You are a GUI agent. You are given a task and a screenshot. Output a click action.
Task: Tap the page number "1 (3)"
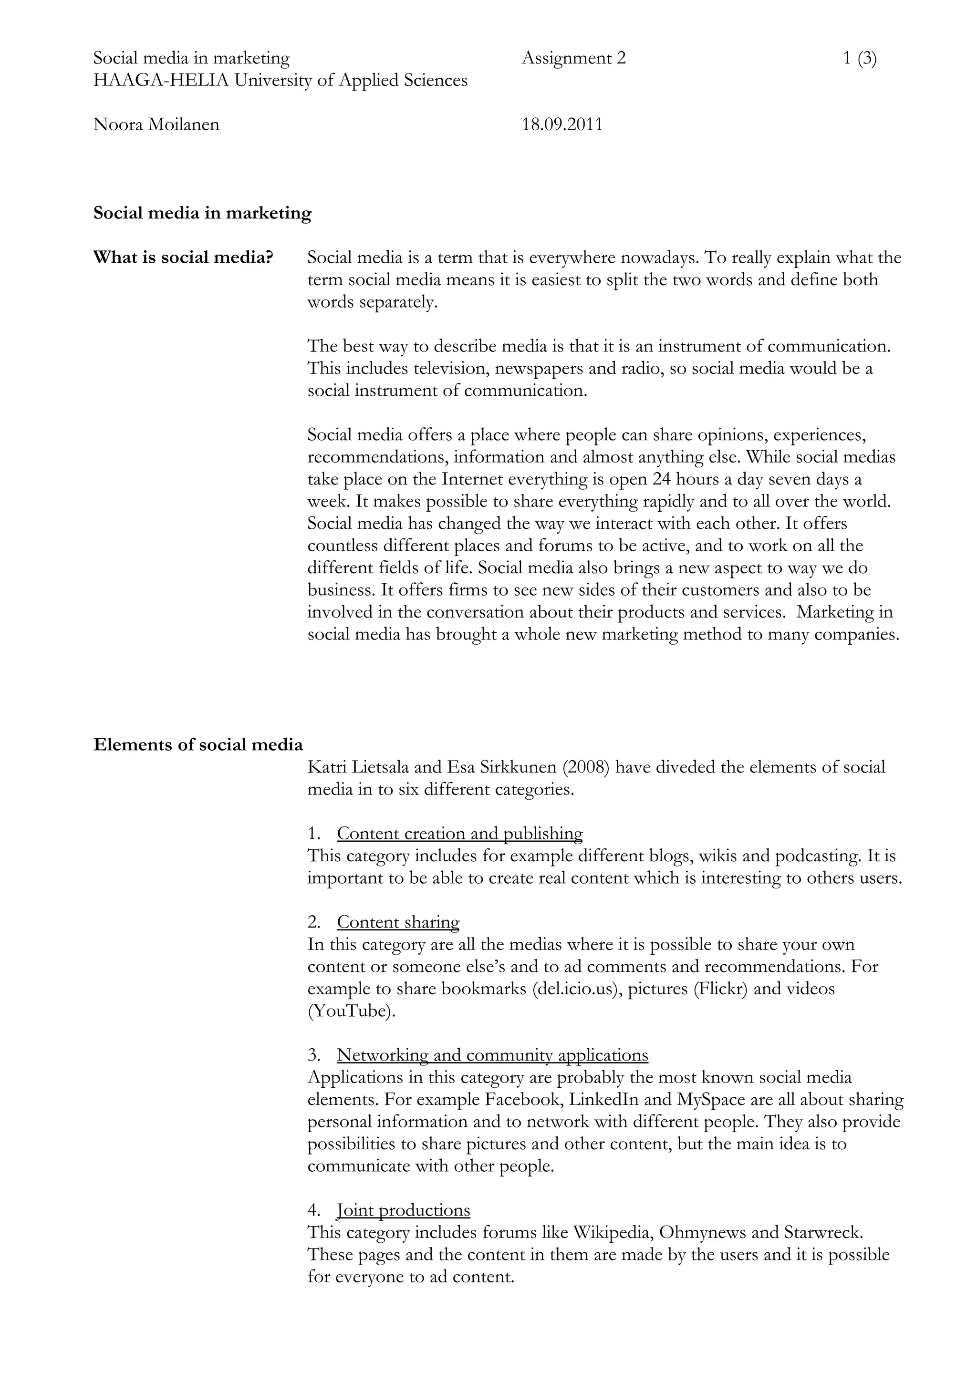pyautogui.click(x=859, y=58)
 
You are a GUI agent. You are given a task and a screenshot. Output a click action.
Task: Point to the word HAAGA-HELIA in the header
pyautogui.click(x=161, y=80)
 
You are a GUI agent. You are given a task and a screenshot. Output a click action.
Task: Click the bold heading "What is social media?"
pyautogui.click(x=183, y=258)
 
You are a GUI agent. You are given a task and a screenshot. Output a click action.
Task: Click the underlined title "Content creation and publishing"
pyautogui.click(x=459, y=834)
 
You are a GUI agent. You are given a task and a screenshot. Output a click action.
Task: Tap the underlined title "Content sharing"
pyautogui.click(x=398, y=922)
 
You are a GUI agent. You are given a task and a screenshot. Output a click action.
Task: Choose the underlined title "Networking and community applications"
pyautogui.click(x=492, y=1055)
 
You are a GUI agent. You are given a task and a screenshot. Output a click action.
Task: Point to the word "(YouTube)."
pyautogui.click(x=352, y=1011)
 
